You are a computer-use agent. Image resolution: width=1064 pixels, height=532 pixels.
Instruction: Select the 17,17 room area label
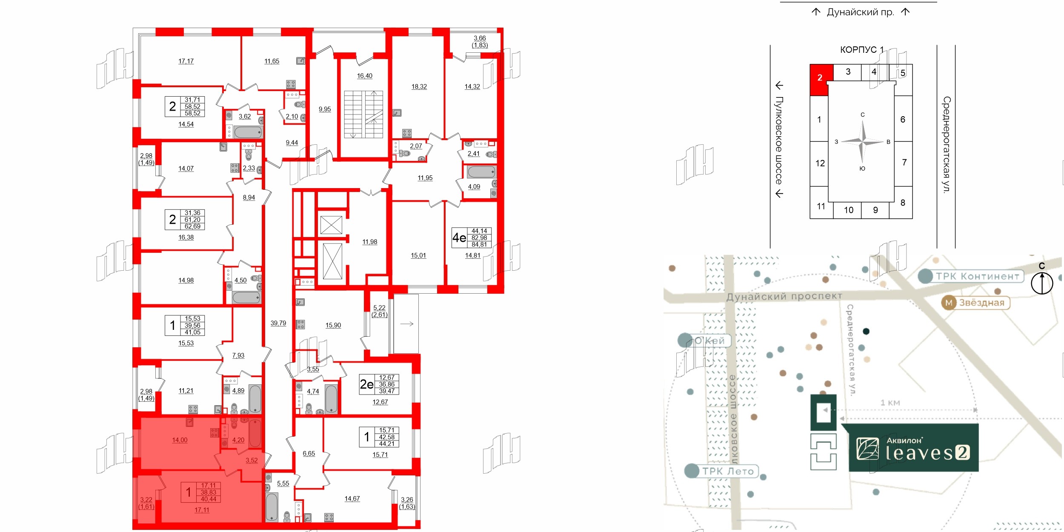tap(186, 61)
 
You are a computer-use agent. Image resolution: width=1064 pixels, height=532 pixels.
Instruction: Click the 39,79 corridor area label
tap(278, 323)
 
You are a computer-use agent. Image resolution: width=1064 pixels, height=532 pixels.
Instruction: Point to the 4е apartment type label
tap(459, 237)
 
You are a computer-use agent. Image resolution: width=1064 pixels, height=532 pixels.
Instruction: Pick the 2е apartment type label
tap(366, 384)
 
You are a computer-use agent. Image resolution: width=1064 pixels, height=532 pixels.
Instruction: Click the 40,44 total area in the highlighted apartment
tap(209, 499)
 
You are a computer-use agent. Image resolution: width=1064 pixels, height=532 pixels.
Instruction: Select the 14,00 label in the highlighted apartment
tap(180, 440)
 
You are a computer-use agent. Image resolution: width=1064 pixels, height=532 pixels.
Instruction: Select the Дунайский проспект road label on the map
tap(784, 296)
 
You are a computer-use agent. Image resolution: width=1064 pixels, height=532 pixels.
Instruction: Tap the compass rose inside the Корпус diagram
tap(862, 142)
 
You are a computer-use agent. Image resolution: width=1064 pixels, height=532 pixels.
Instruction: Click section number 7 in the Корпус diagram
tap(904, 163)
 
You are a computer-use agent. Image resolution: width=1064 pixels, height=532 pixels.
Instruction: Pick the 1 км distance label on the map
tap(890, 403)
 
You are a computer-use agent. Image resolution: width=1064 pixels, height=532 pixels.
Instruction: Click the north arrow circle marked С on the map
tap(1041, 283)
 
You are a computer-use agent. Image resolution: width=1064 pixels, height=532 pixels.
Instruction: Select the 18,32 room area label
tap(419, 87)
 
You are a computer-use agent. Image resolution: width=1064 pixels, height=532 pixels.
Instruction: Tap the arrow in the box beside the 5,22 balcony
tap(406, 324)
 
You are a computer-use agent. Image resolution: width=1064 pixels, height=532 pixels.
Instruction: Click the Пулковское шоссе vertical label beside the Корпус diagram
tap(779, 140)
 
